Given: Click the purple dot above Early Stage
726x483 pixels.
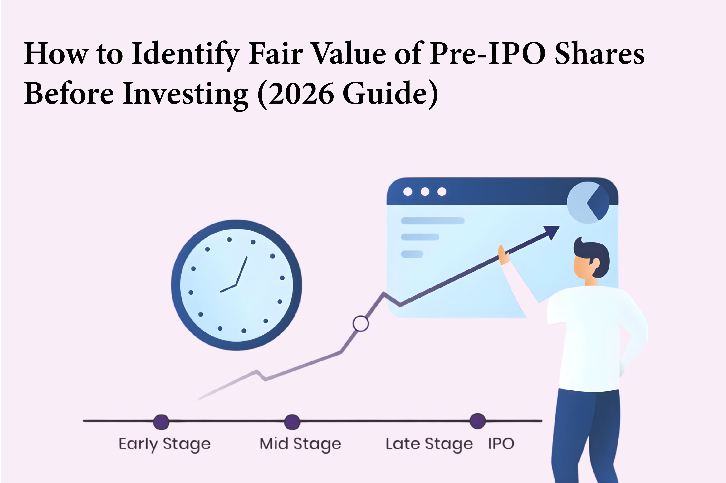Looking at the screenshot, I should tap(161, 422).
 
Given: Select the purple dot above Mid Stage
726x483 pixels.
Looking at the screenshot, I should tap(292, 422).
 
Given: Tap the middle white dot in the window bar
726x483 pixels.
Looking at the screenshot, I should tap(425, 192).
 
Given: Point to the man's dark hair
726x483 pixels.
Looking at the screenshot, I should tap(593, 253).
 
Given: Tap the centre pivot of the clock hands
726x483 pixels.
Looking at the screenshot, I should tap(236, 285).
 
